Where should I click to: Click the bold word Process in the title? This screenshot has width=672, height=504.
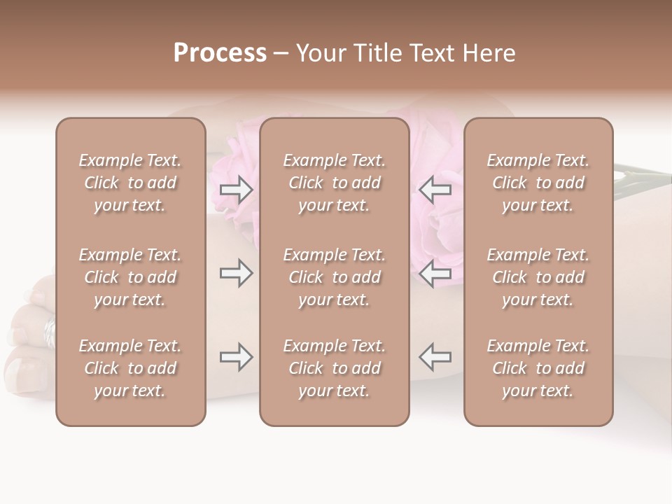220,53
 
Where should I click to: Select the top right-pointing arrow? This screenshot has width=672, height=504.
237,189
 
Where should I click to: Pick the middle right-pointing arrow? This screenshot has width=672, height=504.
237,273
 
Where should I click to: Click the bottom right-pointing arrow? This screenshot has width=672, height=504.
237,357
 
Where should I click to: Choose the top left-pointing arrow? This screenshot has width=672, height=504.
435,189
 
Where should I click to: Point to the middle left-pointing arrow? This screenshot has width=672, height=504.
435,273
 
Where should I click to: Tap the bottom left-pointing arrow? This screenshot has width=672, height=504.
435,357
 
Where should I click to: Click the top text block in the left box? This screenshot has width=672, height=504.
130,183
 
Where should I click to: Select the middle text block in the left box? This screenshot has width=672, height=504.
130,277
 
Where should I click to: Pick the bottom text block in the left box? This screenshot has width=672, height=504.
130,368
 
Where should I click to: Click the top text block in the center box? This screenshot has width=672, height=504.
335,183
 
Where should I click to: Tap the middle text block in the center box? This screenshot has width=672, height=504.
335,277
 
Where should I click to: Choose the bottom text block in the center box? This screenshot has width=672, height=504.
335,368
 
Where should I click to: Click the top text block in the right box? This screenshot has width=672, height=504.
538,183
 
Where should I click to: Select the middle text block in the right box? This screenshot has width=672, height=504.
538,277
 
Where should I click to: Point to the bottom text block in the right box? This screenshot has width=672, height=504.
538,368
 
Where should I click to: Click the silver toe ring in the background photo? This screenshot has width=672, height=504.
49,331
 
